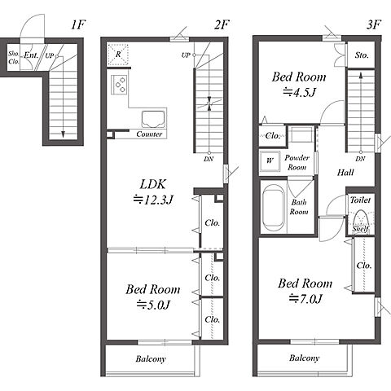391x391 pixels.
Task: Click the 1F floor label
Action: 78,25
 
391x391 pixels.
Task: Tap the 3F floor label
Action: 374,25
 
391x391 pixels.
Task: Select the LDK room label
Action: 153,184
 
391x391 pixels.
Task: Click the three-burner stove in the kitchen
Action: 120,85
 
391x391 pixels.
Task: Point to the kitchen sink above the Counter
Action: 153,119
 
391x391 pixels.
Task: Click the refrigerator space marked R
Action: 118,55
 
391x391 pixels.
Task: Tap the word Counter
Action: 149,134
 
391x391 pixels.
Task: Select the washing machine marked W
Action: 270,160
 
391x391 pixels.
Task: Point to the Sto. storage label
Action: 362,55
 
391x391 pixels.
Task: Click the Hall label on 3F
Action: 345,173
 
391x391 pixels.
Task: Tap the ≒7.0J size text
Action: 305,299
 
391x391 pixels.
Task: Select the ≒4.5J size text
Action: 299,92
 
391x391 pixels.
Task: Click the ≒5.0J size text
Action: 153,305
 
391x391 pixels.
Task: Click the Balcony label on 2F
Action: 151,359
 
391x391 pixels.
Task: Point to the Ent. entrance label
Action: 31,55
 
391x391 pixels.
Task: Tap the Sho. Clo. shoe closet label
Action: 14,58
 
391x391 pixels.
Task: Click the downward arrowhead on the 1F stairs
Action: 63,134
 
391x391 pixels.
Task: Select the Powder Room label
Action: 297,162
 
